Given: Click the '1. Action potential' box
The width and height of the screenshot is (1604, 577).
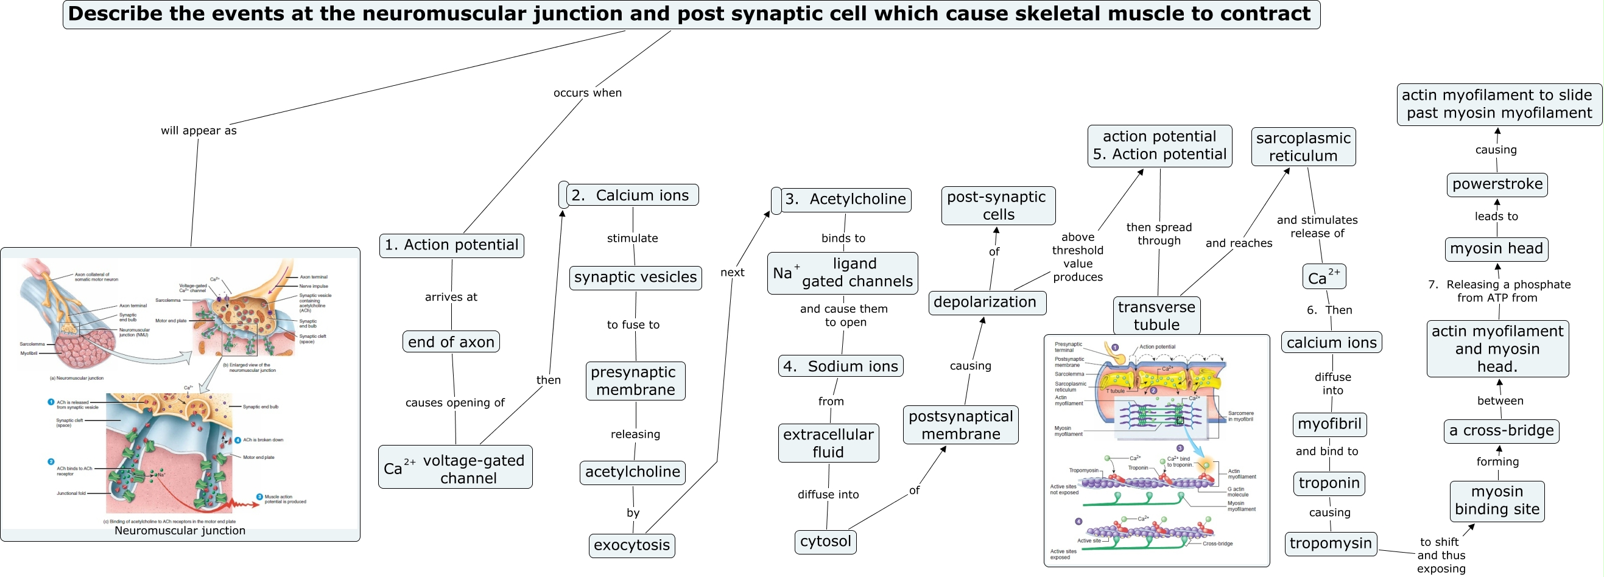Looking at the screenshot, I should [x=451, y=245].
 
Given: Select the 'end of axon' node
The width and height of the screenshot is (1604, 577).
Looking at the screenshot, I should [x=451, y=341].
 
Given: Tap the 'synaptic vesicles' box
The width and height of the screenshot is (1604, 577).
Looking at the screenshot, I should [x=635, y=278].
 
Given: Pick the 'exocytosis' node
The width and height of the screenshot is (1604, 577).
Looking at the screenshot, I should [x=631, y=545].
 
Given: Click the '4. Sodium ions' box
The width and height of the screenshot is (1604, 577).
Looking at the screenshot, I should [x=840, y=366].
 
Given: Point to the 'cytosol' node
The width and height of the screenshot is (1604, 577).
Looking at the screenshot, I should [x=825, y=542].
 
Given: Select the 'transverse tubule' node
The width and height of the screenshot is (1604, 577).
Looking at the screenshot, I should [x=1156, y=315].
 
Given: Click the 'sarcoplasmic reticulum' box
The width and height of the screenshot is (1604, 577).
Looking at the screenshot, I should [x=1303, y=147].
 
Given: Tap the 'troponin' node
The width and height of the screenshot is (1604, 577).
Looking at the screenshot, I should [x=1329, y=484].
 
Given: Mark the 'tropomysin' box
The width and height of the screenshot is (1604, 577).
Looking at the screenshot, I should [x=1330, y=544].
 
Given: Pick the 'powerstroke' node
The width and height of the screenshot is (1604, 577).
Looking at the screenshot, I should [x=1497, y=185].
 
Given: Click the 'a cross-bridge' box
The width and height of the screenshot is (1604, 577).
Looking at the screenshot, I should [x=1500, y=431].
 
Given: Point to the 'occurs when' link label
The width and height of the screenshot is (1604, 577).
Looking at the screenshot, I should [x=587, y=93].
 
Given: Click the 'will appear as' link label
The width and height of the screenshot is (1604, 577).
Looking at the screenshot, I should [x=199, y=131].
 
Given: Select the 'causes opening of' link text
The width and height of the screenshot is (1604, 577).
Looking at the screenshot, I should [x=454, y=403].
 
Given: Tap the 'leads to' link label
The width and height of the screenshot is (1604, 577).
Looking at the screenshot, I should [x=1496, y=217].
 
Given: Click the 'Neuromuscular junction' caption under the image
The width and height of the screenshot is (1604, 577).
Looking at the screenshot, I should [x=180, y=531].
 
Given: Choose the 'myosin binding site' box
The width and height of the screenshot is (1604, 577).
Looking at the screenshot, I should [x=1496, y=501].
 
